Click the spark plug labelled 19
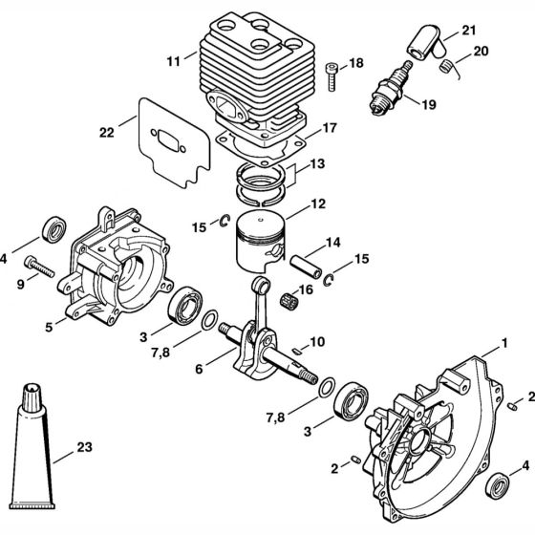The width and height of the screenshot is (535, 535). pos(390,88)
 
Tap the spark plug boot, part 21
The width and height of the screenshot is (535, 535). pos(426,43)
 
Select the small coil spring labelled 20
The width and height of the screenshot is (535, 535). pos(444,66)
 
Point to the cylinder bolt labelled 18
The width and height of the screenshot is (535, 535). pos(332,76)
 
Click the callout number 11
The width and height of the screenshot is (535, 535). pos(173,62)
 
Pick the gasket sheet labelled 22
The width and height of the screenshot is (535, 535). pos(174,142)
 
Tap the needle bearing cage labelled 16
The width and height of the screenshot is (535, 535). pos(288,300)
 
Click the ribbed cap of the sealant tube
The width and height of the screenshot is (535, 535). pos(32,396)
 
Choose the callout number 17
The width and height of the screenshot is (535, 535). pos(330,128)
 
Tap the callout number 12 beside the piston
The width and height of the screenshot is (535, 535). pos(318,204)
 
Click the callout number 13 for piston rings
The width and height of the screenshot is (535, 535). pos(317,163)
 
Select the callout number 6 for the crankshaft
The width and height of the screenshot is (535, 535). pos(199,369)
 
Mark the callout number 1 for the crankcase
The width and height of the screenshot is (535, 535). pos(504,343)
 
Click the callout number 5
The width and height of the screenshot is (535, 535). pos(49,327)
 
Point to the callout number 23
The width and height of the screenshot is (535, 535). pos(85,447)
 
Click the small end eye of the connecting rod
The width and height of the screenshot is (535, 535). pos(261,285)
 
